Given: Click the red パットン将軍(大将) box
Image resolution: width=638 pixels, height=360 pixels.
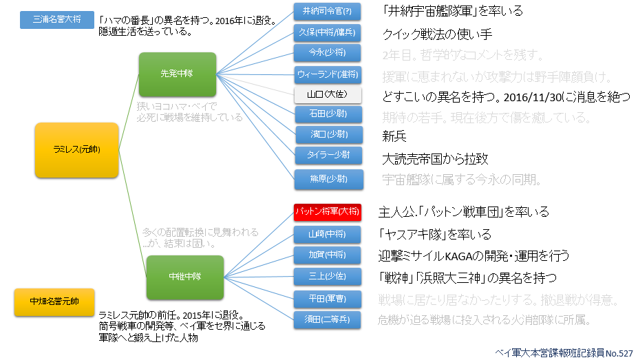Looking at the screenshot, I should pos(326,211).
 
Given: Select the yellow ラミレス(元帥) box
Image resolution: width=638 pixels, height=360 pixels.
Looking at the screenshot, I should pos(76,149).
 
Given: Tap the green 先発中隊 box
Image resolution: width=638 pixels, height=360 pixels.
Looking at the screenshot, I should pos(178,73).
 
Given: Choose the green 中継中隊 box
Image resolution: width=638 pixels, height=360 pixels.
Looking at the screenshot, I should pos(176,277).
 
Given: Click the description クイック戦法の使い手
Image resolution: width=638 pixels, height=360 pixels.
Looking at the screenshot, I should pos(437,35).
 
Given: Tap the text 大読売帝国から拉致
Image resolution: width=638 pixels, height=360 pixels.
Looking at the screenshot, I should pos(435,159).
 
